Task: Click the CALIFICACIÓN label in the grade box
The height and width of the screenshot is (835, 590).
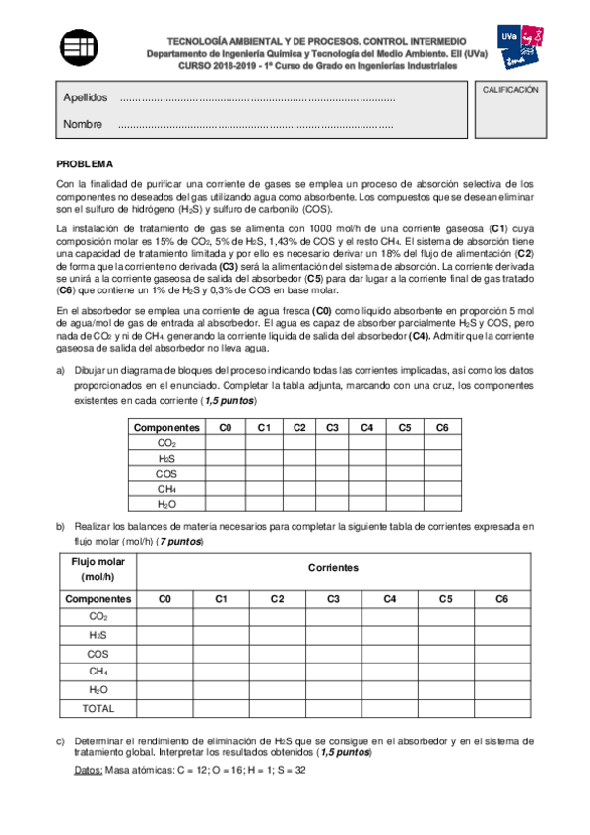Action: coord(510,90)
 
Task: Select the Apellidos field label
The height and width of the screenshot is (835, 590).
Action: coord(85,97)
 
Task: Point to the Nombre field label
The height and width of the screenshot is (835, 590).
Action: coord(83,125)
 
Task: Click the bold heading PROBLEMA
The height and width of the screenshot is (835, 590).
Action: coord(85,164)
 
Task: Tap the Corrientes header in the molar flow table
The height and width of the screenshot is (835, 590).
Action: coord(333,569)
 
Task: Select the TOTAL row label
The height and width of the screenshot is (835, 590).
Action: coord(98,708)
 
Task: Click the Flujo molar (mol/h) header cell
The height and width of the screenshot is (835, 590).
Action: coord(98,569)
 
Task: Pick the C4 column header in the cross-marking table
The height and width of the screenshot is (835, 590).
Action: coord(366,427)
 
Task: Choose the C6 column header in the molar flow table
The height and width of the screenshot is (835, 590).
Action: coord(501,598)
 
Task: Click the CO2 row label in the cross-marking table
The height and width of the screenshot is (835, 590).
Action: coord(167,442)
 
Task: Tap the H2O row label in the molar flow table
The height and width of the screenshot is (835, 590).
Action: coord(98,689)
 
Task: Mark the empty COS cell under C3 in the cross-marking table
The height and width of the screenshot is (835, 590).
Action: coord(332,473)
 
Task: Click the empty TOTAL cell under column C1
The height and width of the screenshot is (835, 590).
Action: coord(221,708)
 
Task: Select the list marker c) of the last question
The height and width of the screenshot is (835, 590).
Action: coord(61,739)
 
